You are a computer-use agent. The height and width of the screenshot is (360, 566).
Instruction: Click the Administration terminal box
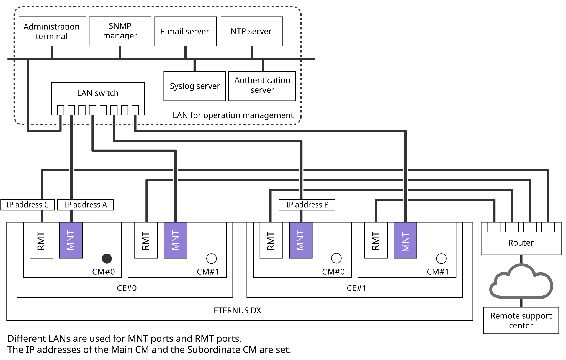(x=52, y=31)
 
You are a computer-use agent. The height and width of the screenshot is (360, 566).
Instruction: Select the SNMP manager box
(x=120, y=31)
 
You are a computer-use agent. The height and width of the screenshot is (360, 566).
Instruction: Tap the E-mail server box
(x=185, y=31)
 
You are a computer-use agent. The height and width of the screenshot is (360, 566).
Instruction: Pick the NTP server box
(x=251, y=31)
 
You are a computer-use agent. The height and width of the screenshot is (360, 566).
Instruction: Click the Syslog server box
(x=195, y=86)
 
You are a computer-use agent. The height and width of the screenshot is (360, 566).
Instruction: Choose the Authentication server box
(x=262, y=86)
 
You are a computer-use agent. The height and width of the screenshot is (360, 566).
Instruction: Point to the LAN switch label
(x=98, y=93)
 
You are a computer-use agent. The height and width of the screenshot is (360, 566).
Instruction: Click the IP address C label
(x=27, y=205)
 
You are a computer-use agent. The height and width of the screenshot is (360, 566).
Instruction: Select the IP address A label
(x=86, y=205)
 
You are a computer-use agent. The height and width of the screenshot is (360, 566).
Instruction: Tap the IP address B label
(x=307, y=205)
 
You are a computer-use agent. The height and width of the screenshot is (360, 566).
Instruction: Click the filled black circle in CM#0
(x=107, y=258)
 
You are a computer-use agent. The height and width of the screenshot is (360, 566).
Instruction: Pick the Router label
(x=521, y=243)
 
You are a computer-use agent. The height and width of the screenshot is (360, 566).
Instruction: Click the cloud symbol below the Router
(x=521, y=282)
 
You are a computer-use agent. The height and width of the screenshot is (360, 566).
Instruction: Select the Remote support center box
(x=521, y=320)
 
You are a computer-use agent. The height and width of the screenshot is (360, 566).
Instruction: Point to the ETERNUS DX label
(x=237, y=310)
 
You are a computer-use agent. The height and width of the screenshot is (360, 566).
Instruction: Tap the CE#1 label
(x=356, y=288)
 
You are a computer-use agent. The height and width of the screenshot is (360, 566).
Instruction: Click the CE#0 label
(x=127, y=288)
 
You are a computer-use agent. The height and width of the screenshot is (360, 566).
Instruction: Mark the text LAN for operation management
(x=233, y=115)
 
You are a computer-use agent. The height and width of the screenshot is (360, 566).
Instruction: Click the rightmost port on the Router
(x=548, y=227)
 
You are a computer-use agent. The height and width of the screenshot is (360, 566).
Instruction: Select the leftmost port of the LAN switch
(x=61, y=110)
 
